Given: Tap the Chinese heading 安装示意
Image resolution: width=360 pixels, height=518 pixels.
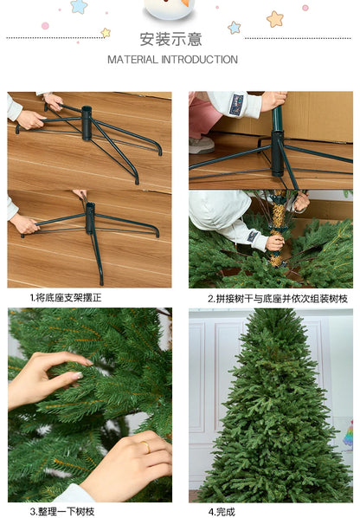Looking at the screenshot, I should point(171,39).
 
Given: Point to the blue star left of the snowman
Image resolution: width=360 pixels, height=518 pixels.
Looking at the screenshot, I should point(80,7).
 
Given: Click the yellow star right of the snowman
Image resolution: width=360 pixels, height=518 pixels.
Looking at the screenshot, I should point(275,19).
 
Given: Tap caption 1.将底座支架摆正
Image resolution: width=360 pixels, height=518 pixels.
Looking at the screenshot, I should point(66,298).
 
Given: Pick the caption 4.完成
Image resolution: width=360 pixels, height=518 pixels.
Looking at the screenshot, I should point(222,511).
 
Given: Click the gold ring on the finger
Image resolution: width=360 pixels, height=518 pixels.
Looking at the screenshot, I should point(145,447).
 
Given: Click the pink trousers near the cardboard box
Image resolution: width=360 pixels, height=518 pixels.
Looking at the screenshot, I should point(206,117).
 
